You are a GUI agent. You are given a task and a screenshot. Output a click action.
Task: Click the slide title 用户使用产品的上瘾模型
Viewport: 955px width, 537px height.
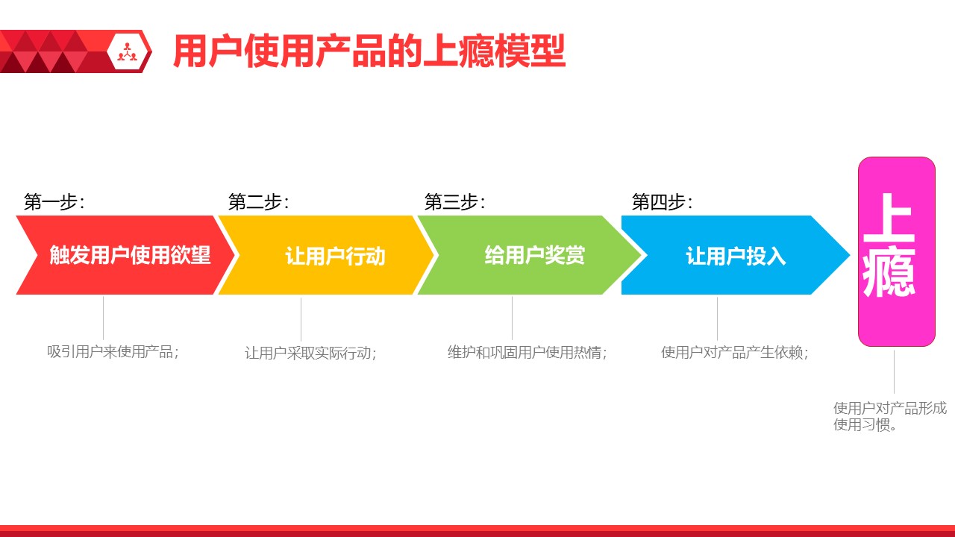pos(369,51)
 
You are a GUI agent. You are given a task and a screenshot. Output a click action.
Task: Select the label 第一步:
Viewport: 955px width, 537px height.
pos(54,202)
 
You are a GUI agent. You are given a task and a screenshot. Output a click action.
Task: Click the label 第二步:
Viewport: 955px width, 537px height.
pos(258,202)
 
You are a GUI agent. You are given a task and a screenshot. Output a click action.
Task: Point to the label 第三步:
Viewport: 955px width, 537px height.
pos(454,202)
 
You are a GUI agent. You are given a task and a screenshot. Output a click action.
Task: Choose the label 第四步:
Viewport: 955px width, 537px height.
pos(662,202)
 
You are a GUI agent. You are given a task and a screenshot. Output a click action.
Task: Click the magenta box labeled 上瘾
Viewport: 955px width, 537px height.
pos(896,251)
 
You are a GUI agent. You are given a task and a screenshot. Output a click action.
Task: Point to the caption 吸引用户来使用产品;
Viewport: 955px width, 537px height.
pos(113,351)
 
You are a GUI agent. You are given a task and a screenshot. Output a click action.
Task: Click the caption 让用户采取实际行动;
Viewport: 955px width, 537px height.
pos(310,353)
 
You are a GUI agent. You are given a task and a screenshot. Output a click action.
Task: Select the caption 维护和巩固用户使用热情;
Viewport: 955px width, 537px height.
pos(527,352)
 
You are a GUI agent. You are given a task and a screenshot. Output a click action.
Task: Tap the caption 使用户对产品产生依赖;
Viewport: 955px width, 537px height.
pos(734,352)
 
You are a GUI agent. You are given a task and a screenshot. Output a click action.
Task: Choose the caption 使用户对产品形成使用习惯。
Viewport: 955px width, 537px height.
pos(889,417)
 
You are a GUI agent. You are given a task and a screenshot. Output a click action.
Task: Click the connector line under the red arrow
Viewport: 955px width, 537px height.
pos(103,318)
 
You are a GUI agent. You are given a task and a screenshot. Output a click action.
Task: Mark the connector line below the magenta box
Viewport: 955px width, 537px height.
pos(894,371)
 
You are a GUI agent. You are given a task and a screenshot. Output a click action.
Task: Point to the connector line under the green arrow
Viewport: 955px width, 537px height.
pos(512,318)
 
